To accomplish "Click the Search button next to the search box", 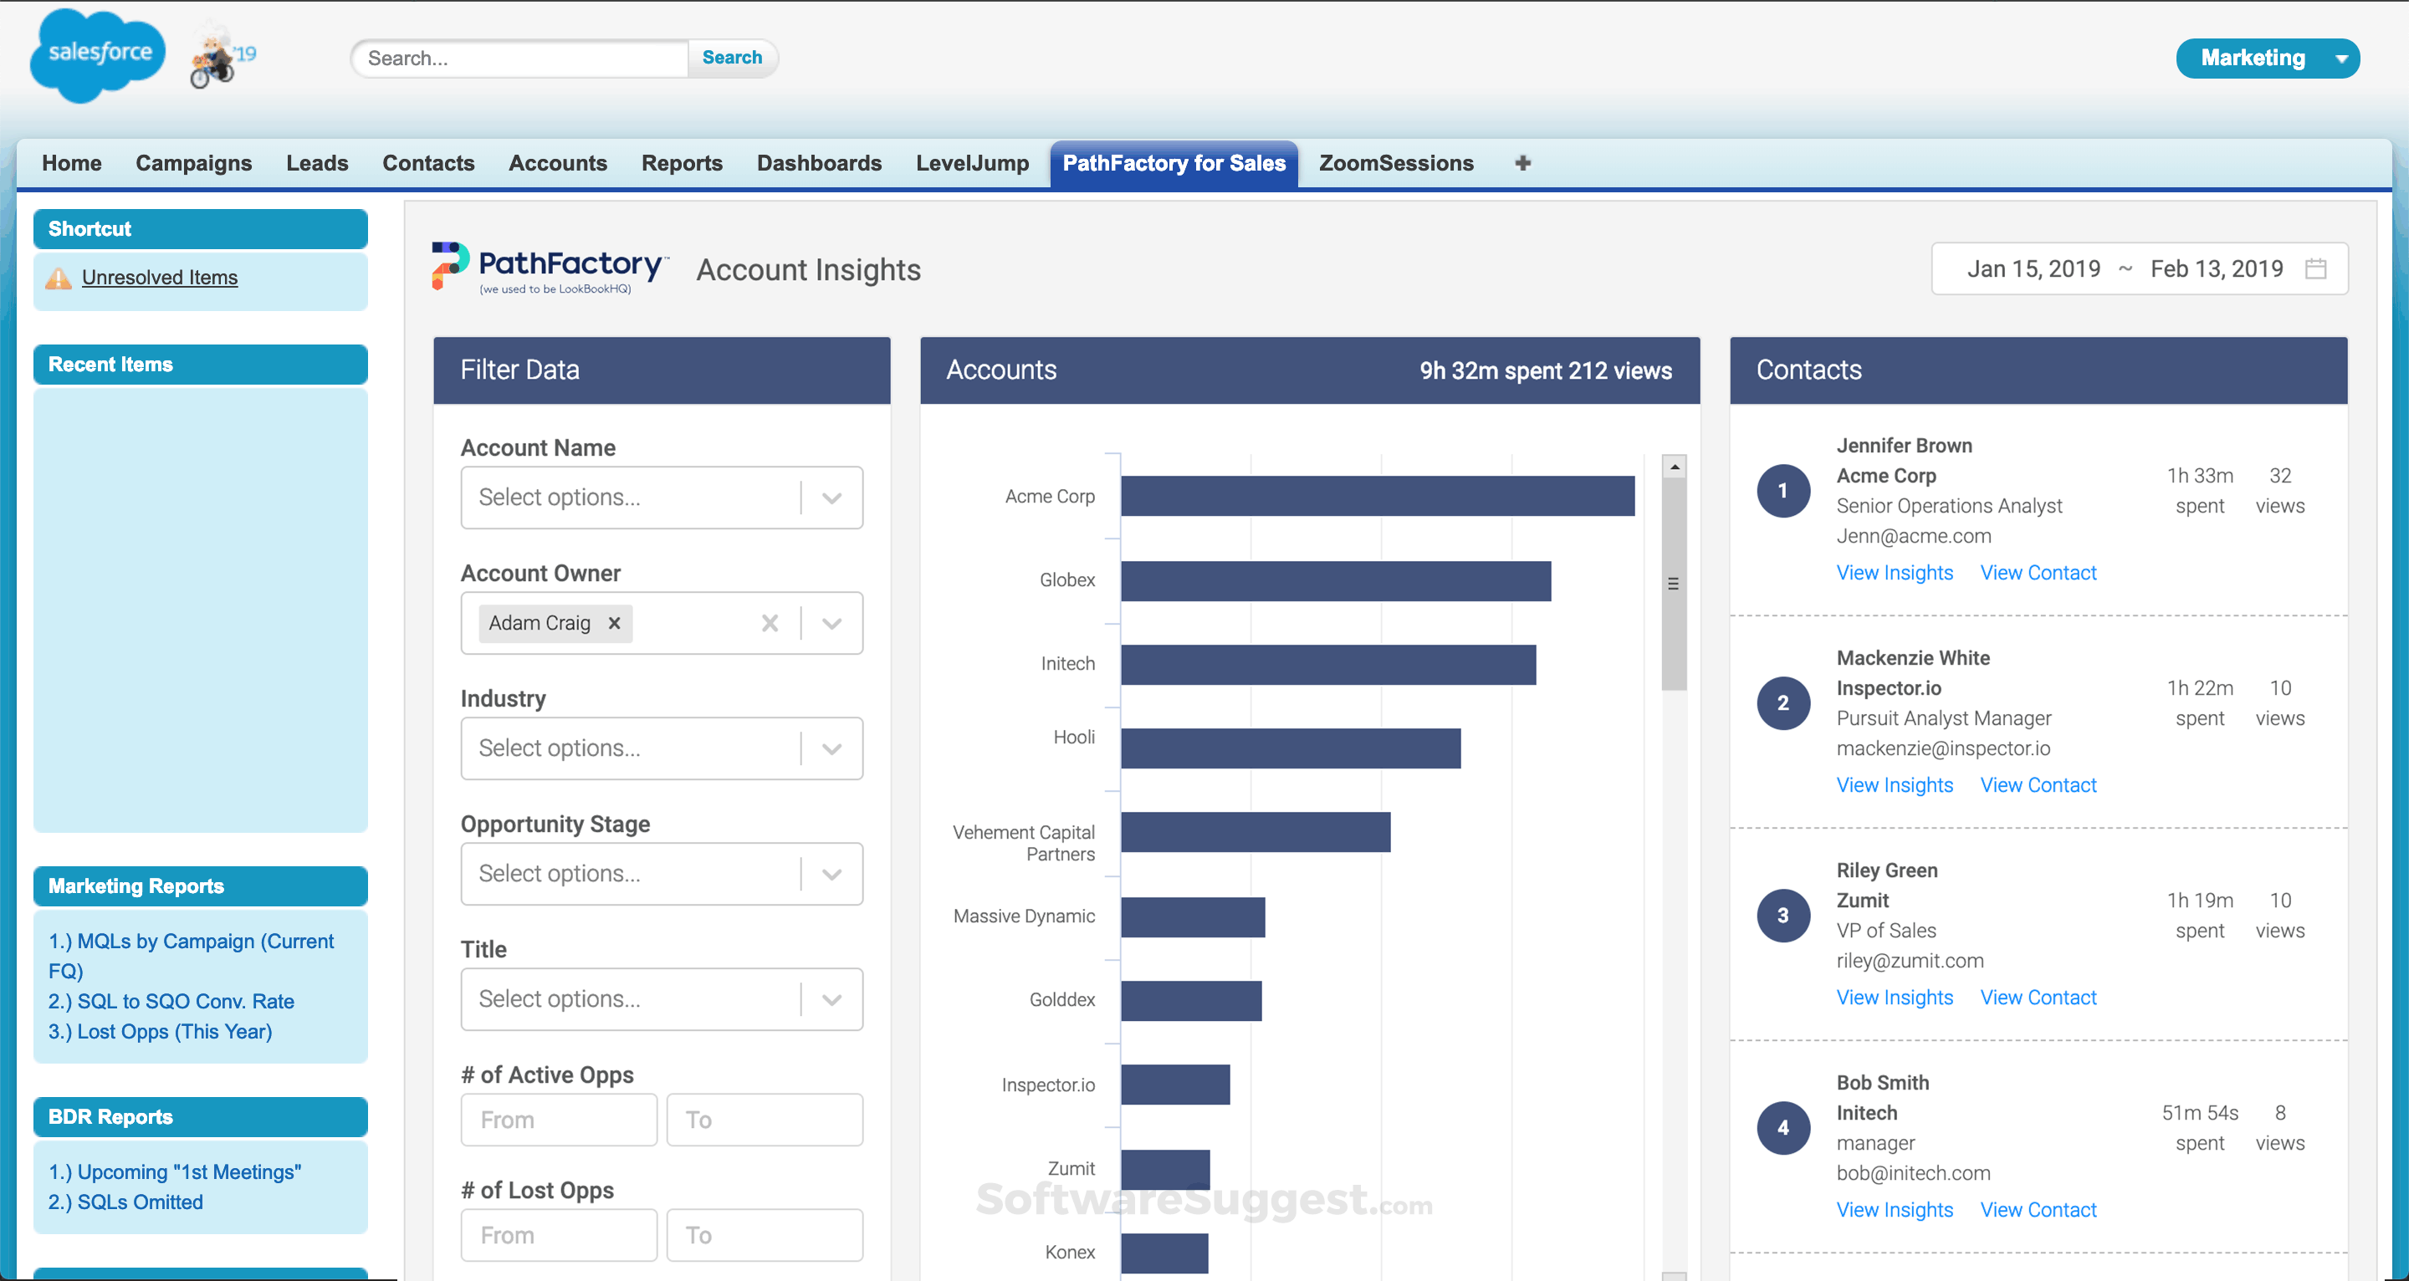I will click(731, 58).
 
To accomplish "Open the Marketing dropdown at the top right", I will click(2267, 58).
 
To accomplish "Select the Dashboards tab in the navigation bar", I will click(818, 164).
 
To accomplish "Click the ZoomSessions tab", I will click(1395, 164).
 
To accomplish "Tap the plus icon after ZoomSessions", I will click(1522, 164).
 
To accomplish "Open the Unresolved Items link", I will click(159, 278).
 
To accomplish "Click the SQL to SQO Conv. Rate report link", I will click(171, 1002).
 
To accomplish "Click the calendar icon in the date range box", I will click(2315, 269).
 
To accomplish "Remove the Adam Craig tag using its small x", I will click(615, 623).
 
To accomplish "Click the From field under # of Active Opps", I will click(558, 1120).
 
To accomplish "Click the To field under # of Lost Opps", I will click(764, 1235).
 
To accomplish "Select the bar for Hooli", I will click(1290, 748).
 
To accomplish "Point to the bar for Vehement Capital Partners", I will click(1255, 832).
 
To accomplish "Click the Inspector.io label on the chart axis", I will click(1047, 1085).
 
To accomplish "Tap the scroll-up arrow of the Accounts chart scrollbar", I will click(1674, 466).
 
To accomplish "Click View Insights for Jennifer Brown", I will click(1894, 572).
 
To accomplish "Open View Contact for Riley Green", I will click(2038, 998).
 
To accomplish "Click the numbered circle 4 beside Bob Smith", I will click(1782, 1128).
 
